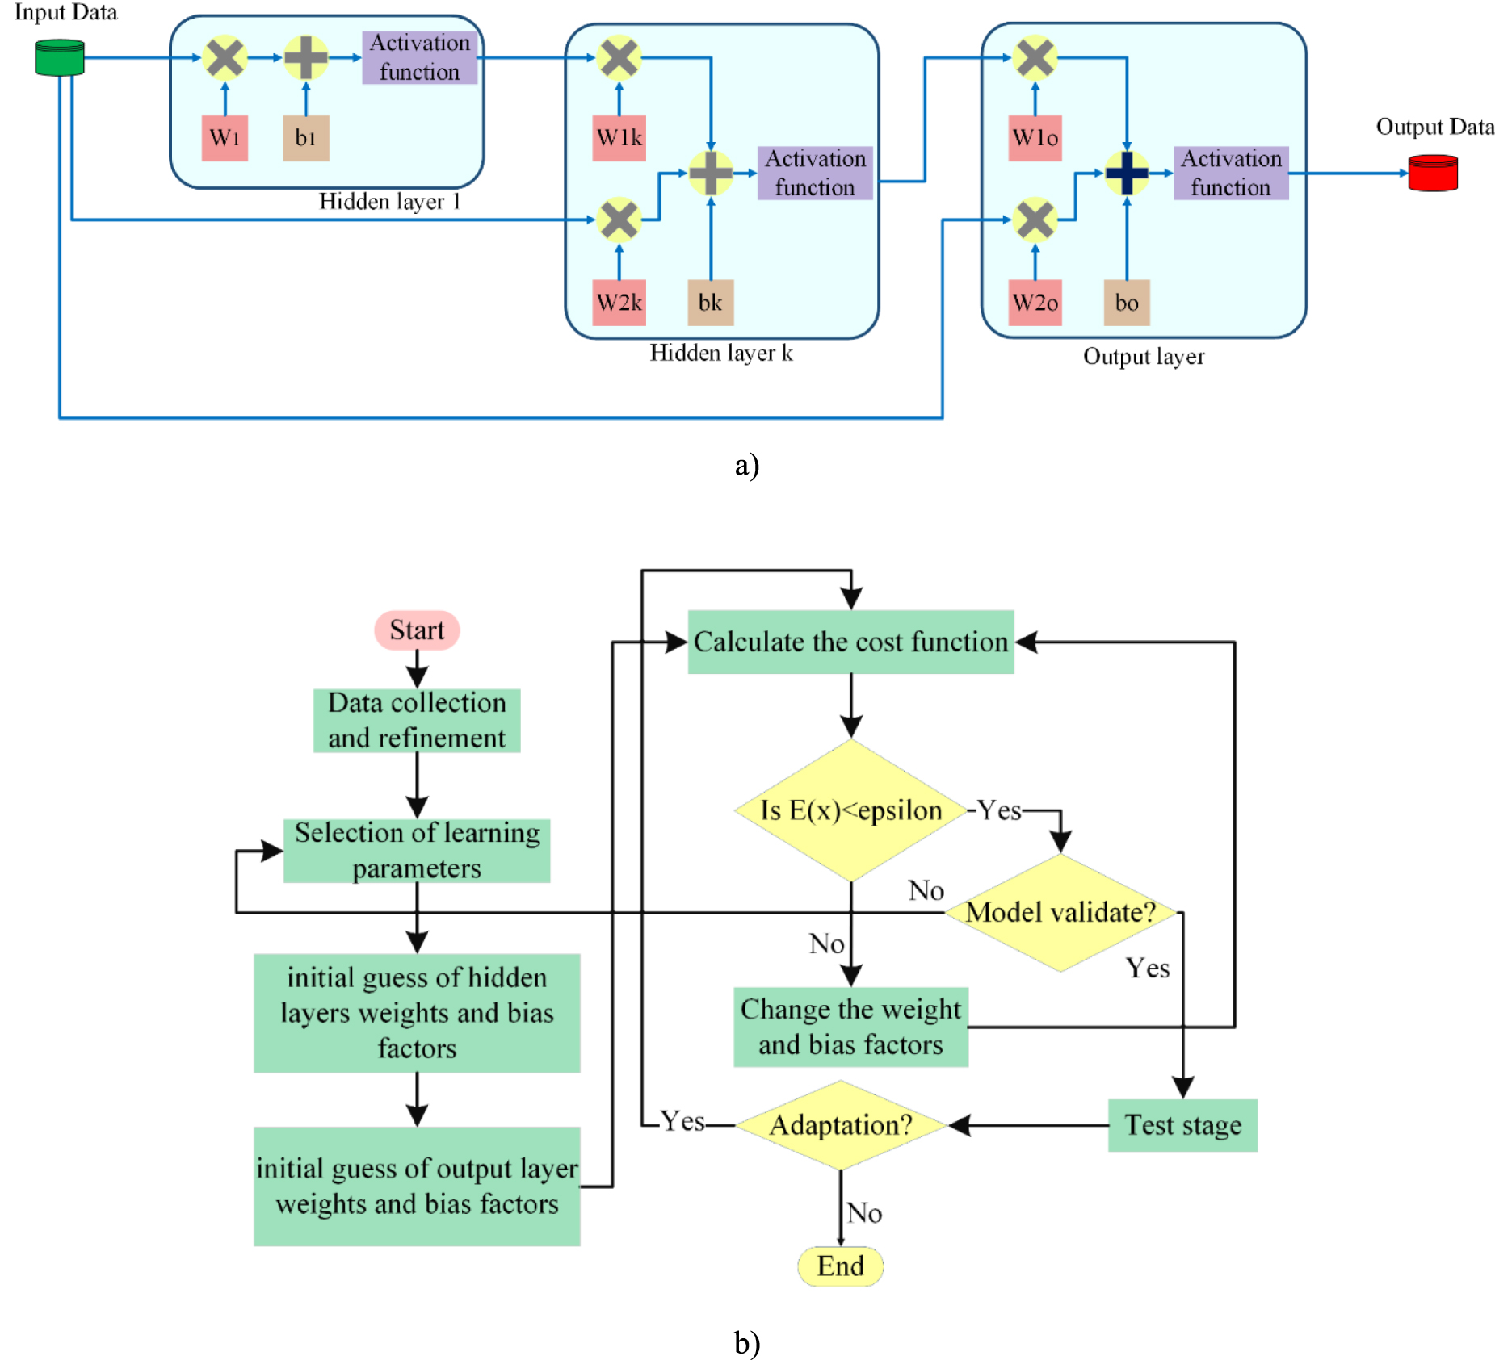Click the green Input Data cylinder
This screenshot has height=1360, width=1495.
coord(60,58)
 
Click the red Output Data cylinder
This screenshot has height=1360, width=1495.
coord(1432,174)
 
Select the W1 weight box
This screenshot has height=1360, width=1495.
coord(225,138)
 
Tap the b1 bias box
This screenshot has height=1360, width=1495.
coord(305,138)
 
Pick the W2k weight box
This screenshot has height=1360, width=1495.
coord(619,303)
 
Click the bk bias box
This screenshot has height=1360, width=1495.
coord(710,303)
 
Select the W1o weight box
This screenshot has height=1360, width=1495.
coord(1035,138)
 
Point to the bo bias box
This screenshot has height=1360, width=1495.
coord(1126,303)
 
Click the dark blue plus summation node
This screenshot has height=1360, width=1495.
coord(1126,173)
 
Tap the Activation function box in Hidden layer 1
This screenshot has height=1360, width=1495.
coord(419,57)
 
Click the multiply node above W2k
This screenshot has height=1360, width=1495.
coord(619,220)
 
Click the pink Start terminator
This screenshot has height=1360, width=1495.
coord(417,630)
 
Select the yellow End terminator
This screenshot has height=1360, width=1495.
coord(840,1266)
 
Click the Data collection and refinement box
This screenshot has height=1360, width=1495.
coord(417,720)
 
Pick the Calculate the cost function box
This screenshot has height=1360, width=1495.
coord(850,642)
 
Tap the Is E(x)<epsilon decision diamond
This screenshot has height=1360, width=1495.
coord(850,810)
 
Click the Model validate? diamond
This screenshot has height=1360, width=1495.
coord(1060,912)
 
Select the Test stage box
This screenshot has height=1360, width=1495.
coord(1182,1124)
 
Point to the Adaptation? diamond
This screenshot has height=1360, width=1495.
coord(840,1124)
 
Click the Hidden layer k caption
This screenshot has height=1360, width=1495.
coord(720,353)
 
